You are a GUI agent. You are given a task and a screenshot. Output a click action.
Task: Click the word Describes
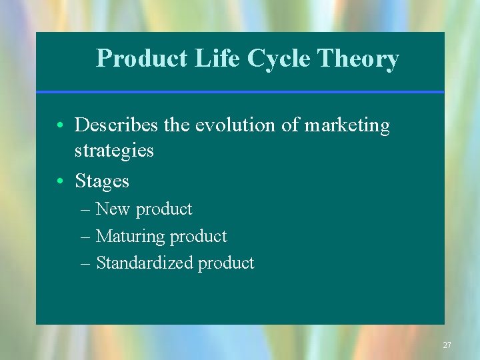point(117,125)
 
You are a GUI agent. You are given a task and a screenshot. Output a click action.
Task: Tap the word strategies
point(114,151)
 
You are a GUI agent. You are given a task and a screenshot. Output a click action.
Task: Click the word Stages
point(102,181)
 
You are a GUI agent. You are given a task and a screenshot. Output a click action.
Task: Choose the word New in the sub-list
point(113,209)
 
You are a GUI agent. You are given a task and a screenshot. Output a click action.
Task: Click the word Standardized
point(144,263)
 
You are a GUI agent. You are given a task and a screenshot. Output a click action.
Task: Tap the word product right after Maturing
point(198,237)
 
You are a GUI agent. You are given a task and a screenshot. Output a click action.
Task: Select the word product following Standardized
point(225,263)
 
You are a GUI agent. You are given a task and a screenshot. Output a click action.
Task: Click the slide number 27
point(447,345)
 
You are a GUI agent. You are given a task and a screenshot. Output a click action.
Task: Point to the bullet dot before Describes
point(60,126)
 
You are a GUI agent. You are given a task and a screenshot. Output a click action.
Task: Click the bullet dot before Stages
point(60,181)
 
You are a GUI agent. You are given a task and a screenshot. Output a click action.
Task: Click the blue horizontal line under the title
point(240,91)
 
